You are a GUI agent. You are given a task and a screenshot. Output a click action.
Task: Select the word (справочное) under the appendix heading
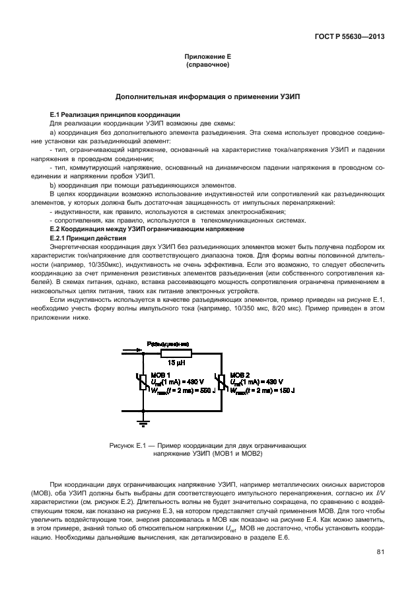pos(207,66)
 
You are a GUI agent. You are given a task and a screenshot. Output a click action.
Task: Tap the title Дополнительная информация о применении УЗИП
pos(207,96)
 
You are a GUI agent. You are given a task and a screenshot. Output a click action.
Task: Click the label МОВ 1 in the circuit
pos(162,374)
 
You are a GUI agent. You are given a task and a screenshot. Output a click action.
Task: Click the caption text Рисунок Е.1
pos(129,446)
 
